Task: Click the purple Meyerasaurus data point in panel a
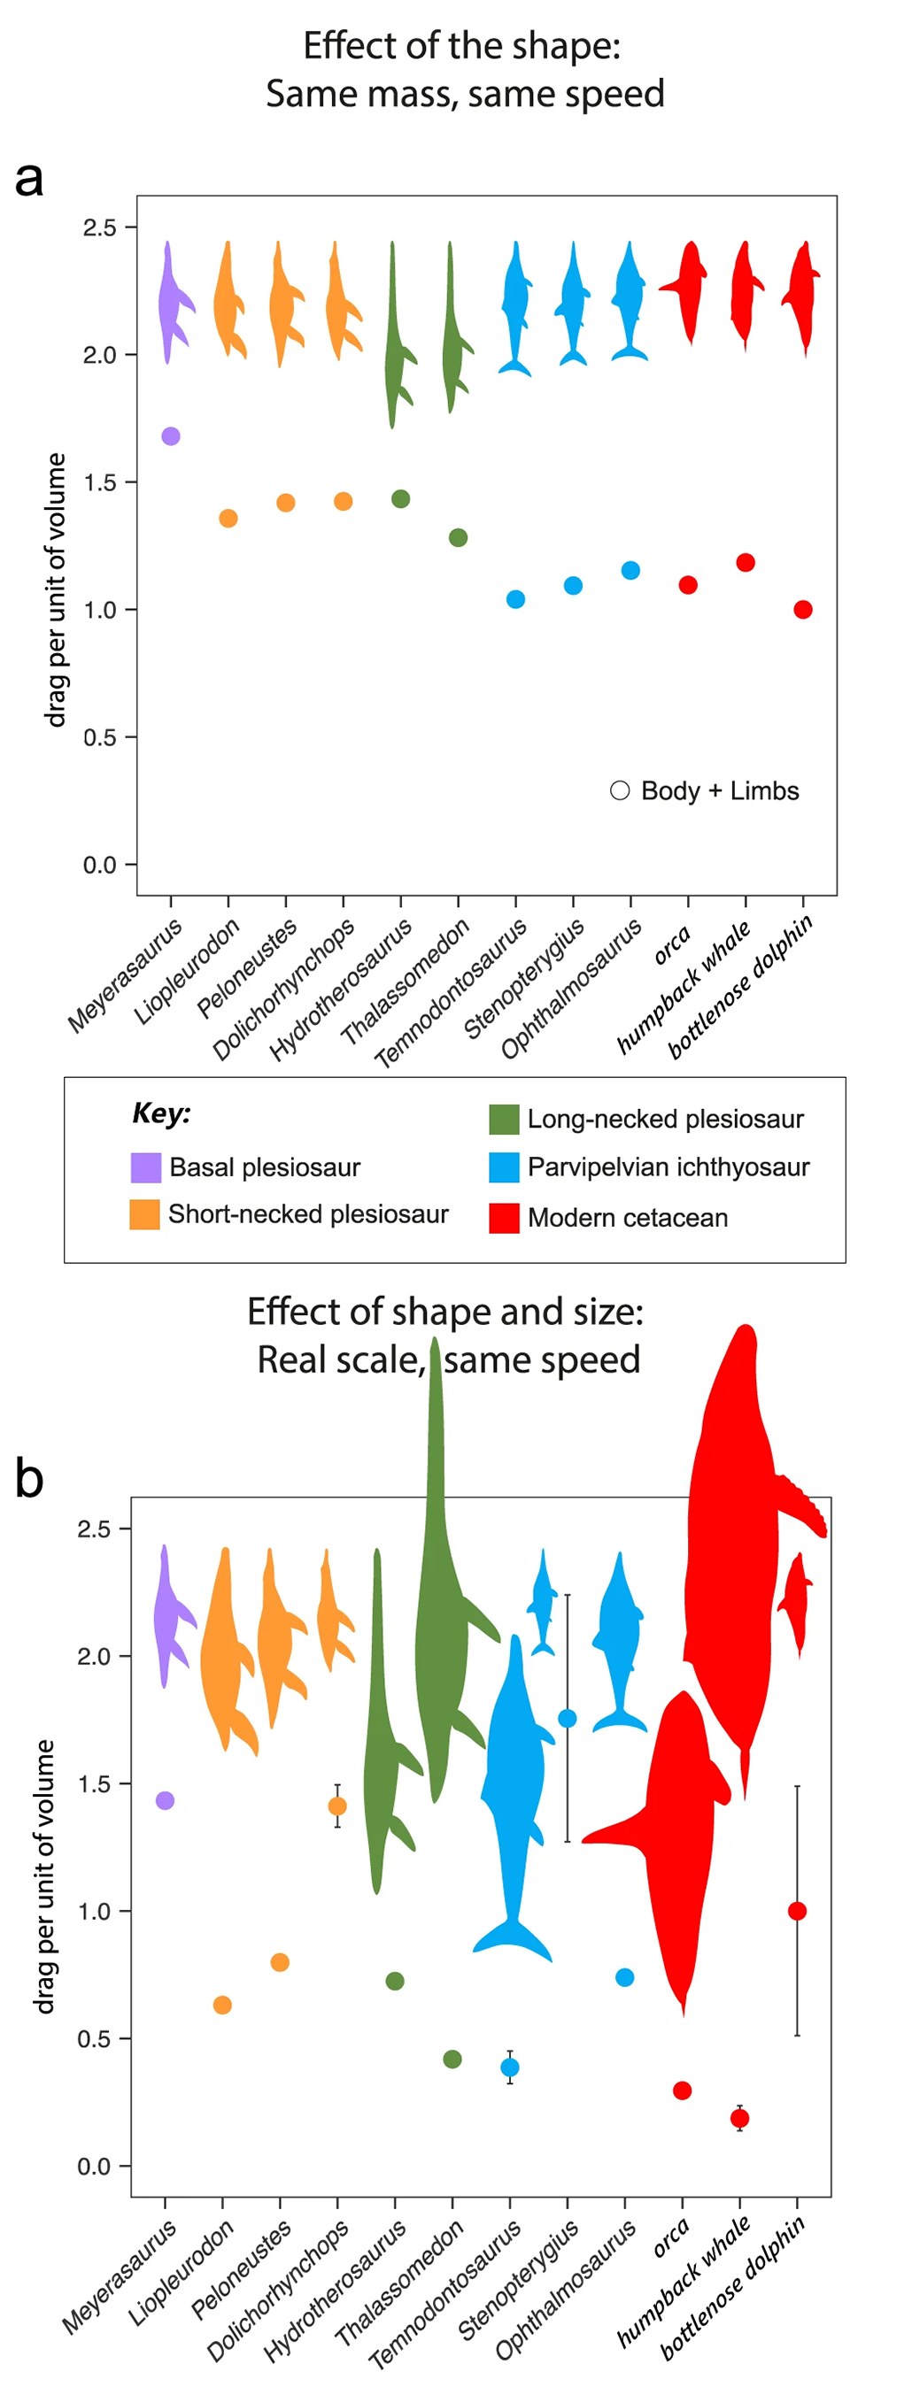[171, 436]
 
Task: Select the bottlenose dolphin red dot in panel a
[802, 610]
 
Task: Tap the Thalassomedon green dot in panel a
[458, 537]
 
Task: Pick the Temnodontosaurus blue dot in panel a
[515, 599]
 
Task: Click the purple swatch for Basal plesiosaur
[145, 1167]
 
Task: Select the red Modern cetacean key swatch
[503, 1218]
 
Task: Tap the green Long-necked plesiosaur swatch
[503, 1119]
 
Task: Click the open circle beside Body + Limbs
[620, 790]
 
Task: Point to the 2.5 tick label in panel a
[99, 228]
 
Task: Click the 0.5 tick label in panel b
[94, 2038]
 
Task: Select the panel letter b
[28, 1478]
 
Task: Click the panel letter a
[28, 178]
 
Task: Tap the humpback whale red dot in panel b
[738, 2118]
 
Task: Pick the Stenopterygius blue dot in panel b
[568, 1718]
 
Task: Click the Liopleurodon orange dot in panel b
[222, 2006]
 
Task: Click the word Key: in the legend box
[161, 1113]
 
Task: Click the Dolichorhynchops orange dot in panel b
[337, 1806]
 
